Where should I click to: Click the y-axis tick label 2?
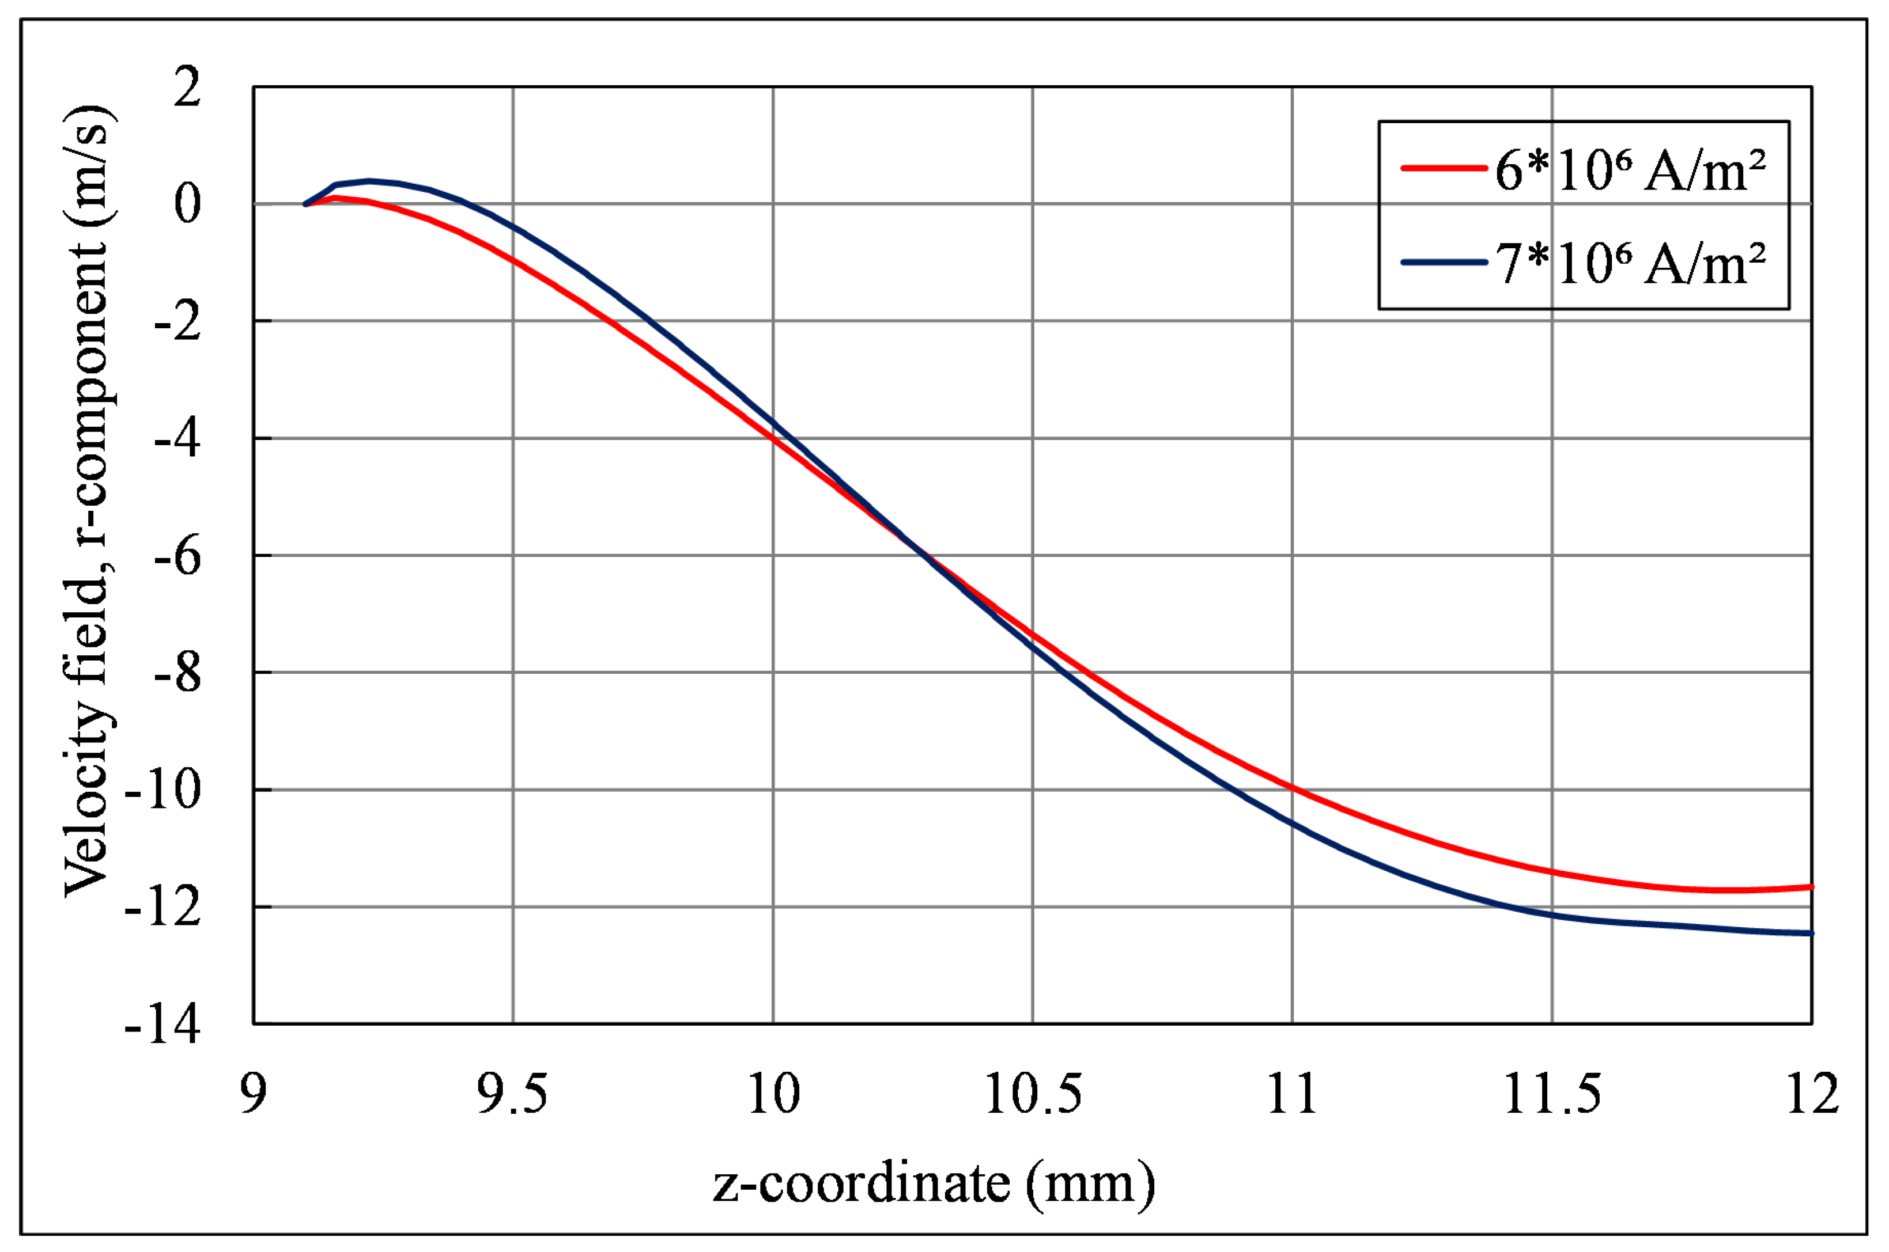[x=187, y=87]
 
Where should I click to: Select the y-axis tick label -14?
[x=161, y=1025]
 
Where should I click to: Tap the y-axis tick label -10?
[x=161, y=791]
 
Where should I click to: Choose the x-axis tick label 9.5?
[x=513, y=1094]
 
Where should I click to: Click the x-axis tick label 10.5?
[x=1033, y=1094]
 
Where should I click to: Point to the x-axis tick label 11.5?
[x=1552, y=1094]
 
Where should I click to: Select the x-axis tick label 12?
[x=1812, y=1094]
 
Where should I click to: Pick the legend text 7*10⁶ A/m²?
[x=1630, y=264]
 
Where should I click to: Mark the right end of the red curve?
[x=1811, y=887]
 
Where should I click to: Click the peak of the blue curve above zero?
[x=369, y=180]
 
